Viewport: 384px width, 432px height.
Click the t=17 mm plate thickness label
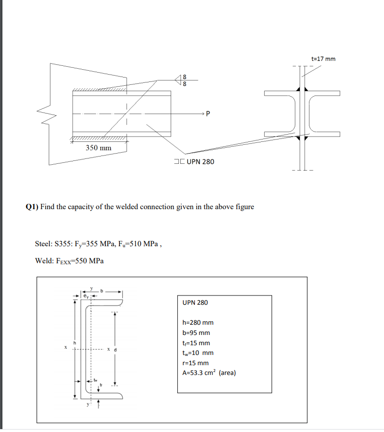(x=323, y=59)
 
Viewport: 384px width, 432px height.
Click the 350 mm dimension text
(x=98, y=148)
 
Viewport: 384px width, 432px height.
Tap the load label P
(x=209, y=115)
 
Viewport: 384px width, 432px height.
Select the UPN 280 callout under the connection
(x=193, y=161)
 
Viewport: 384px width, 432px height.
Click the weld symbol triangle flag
(x=178, y=79)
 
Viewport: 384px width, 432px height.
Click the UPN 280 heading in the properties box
(x=195, y=302)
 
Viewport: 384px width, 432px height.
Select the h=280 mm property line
(x=198, y=322)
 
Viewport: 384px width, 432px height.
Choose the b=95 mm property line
(x=196, y=333)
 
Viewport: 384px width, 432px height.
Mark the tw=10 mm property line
(x=197, y=353)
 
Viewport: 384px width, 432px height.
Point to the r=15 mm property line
(x=195, y=363)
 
